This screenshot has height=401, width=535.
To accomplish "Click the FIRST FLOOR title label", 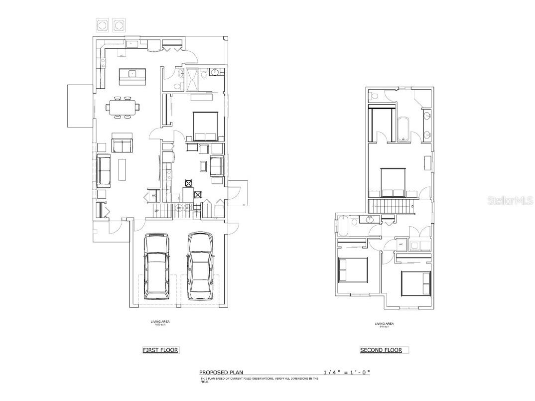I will [160, 350].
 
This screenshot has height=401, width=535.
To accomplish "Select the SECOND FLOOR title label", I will [381, 350].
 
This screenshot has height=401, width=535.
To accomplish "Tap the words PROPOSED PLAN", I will [220, 373].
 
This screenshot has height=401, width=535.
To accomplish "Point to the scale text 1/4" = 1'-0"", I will [347, 373].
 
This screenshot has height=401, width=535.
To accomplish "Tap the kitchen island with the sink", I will [132, 77].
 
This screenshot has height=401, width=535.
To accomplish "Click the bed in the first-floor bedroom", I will [205, 126].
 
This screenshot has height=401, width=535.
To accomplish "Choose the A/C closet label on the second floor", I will [401, 245].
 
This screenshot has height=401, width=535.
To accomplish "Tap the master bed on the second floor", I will [393, 182].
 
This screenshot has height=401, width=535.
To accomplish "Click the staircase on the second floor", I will [391, 205].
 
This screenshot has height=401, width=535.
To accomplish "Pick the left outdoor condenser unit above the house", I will [102, 24].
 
